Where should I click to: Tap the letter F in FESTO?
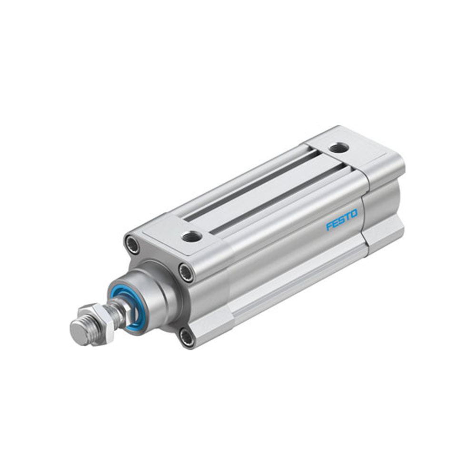[x=328, y=227]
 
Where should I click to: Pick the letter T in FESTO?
[x=347, y=219]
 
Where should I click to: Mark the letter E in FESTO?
[x=335, y=225]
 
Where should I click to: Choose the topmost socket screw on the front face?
[x=132, y=244]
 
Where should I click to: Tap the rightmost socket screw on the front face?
[x=186, y=272]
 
